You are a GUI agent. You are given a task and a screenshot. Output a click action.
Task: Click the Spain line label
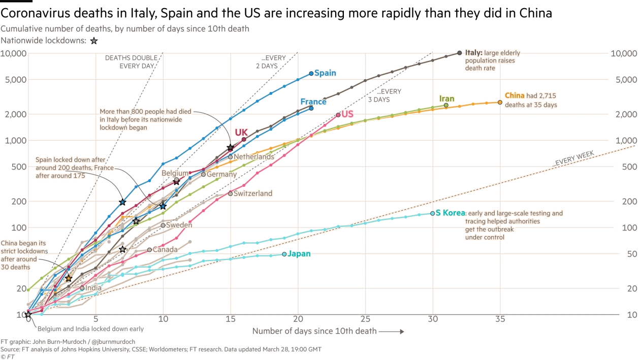[325, 73]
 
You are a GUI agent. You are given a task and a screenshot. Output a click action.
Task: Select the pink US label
[347, 114]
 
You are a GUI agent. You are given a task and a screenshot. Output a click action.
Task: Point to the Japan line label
[299, 254]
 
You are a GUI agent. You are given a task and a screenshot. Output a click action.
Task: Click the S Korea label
[450, 213]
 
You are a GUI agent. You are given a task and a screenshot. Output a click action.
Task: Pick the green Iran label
[447, 99]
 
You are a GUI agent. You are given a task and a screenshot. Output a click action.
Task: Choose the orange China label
[514, 95]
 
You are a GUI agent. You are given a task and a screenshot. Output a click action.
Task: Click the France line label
[313, 102]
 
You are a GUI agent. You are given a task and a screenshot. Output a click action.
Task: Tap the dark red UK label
[241, 132]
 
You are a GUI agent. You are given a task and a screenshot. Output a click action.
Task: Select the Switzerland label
[253, 193]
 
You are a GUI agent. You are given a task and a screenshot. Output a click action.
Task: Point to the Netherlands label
[254, 157]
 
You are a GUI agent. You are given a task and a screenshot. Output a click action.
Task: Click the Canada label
[165, 250]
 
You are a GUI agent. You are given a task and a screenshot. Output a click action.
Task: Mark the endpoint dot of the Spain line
[311, 74]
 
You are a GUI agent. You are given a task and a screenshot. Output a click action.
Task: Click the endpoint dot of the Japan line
[284, 254]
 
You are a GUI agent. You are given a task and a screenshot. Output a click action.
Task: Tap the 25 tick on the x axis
[365, 319]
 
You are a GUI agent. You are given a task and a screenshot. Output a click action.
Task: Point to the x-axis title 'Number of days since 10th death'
[314, 332]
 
